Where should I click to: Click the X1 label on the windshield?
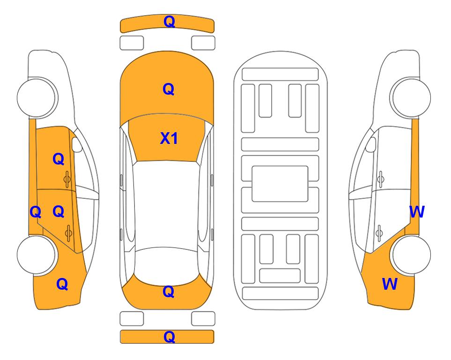pyautogui.click(x=169, y=138)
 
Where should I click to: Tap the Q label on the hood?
pyautogui.click(x=169, y=89)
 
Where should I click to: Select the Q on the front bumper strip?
pyautogui.click(x=170, y=22)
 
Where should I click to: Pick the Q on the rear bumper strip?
pyautogui.click(x=170, y=337)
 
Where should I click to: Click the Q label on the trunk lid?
pyautogui.click(x=169, y=292)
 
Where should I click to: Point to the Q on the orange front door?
pyautogui.click(x=59, y=159)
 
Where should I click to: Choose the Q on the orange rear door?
pyautogui.click(x=59, y=212)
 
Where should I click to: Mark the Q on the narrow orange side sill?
pyautogui.click(x=36, y=212)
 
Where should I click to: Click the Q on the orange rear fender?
pyautogui.click(x=62, y=284)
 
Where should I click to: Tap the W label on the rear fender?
pyautogui.click(x=390, y=284)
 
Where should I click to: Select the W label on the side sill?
pyautogui.click(x=417, y=212)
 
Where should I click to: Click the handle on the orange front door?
pyautogui.click(x=67, y=179)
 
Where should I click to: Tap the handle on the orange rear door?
pyautogui.click(x=68, y=232)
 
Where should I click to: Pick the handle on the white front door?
pyautogui.click(x=381, y=179)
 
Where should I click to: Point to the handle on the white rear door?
pyautogui.click(x=379, y=232)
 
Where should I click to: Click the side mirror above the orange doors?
pyautogui.click(x=76, y=144)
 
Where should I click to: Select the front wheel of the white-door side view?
pyautogui.click(x=410, y=98)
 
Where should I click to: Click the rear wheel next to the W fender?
pyautogui.click(x=410, y=255)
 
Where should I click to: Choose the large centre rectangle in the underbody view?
pyautogui.click(x=280, y=184)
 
